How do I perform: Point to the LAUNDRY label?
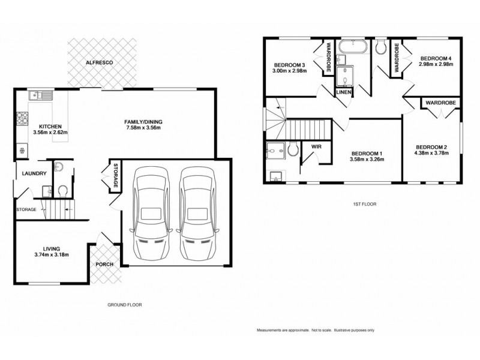coord(31,174)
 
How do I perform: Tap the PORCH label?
coord(104,263)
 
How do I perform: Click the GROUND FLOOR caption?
coord(124,305)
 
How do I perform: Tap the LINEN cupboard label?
coord(344,92)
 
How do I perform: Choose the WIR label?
coord(314,146)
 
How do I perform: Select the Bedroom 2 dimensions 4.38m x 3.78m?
coord(431,154)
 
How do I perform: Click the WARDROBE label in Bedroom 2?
coord(441,104)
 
